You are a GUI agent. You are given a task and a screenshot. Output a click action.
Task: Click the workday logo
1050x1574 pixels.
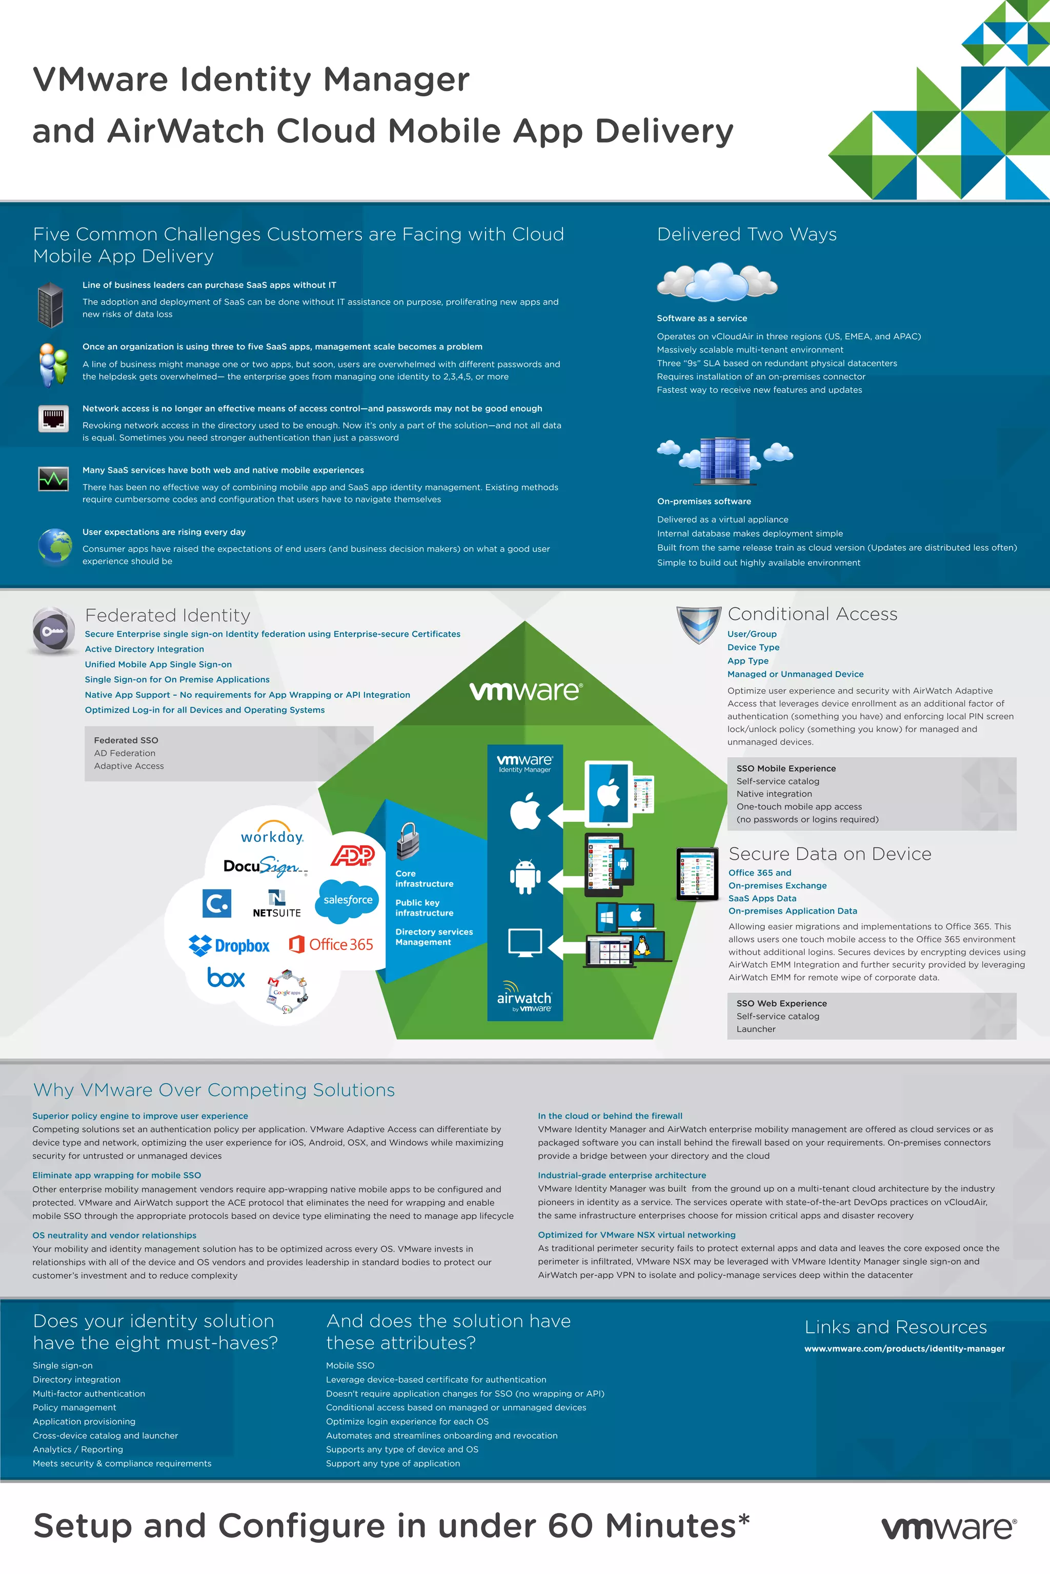click(272, 834)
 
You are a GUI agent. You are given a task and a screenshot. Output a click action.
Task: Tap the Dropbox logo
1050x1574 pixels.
click(229, 945)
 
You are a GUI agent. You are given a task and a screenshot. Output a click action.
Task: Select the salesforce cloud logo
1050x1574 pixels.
click(348, 899)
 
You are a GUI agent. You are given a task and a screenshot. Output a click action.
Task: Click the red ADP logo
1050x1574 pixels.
click(353, 855)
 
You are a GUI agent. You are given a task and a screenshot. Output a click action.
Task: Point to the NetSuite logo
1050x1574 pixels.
click(276, 903)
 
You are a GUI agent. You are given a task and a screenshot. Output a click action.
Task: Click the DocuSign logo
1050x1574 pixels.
click(265, 866)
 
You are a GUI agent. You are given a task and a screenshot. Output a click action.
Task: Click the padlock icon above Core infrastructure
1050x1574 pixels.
click(407, 840)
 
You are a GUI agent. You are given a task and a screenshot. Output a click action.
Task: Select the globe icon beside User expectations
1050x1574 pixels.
click(55, 546)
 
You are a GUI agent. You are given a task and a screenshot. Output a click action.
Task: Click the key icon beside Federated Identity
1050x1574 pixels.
click(53, 630)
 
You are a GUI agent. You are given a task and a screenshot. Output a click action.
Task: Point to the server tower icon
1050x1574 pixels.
click(51, 304)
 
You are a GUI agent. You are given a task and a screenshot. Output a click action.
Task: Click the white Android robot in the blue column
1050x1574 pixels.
click(525, 877)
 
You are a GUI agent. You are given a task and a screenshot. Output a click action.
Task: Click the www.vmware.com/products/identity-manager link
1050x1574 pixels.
click(904, 1349)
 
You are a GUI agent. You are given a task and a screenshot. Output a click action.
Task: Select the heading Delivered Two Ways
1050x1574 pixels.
click(746, 234)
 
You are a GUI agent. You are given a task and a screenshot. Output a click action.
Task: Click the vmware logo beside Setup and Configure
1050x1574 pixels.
click(948, 1528)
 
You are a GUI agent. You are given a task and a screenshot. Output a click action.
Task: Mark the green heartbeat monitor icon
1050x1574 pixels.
click(53, 479)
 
